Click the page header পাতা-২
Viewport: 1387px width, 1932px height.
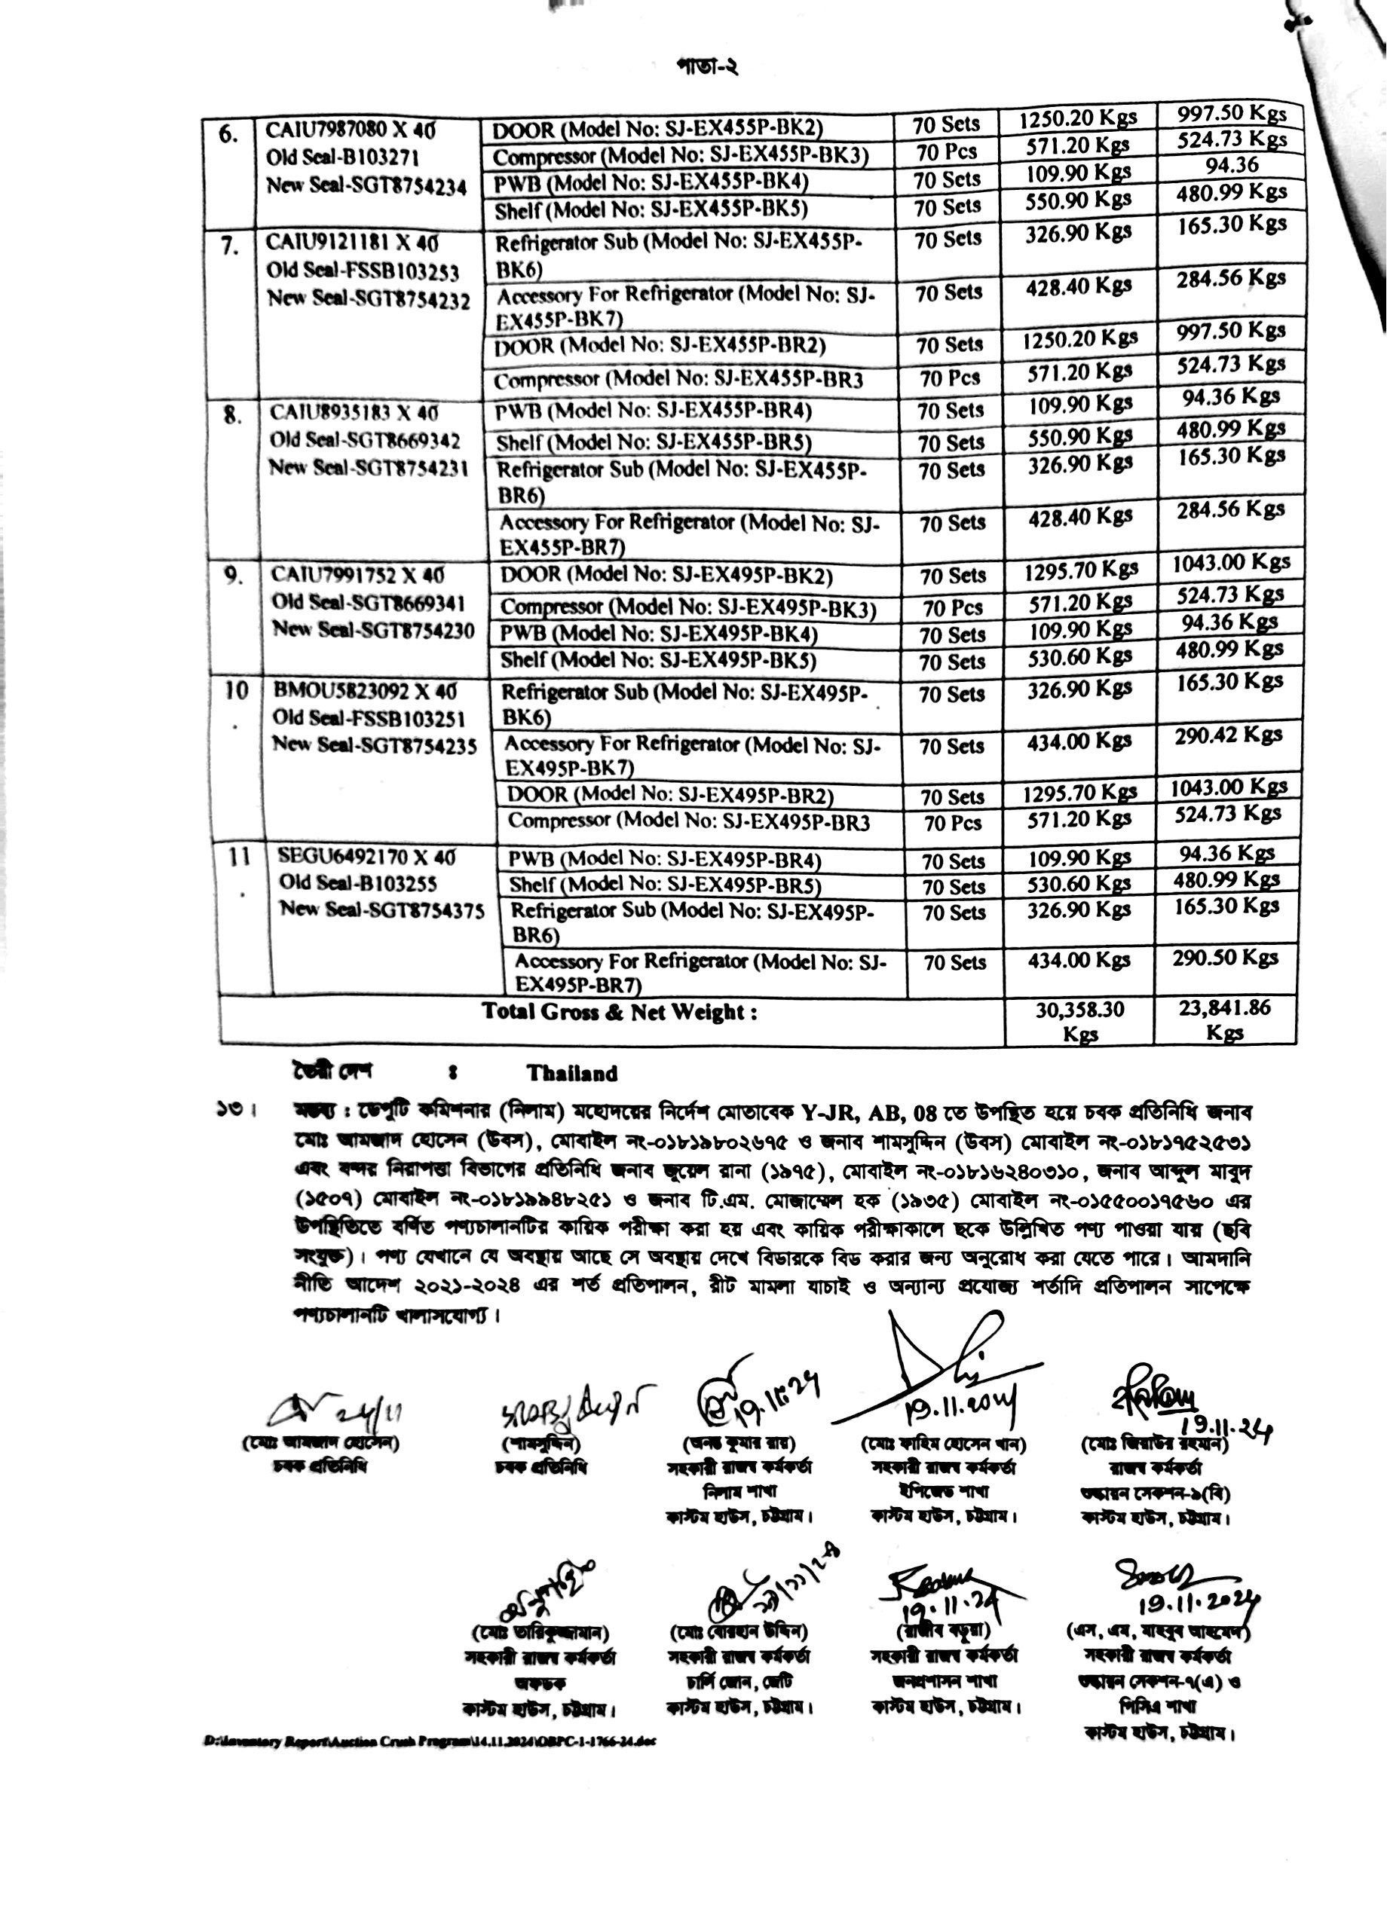click(x=706, y=66)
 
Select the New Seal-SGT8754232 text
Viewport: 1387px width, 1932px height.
click(x=368, y=299)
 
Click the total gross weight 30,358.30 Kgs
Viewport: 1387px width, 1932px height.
click(x=1080, y=1020)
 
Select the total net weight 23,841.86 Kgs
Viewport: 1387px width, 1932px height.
click(x=1225, y=1019)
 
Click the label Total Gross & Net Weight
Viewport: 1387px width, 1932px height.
click(x=620, y=1012)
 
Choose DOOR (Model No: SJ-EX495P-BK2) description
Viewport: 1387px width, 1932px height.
click(x=666, y=576)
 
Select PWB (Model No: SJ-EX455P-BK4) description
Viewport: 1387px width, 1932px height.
click(x=651, y=182)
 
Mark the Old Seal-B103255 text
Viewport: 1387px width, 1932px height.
click(x=371, y=882)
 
